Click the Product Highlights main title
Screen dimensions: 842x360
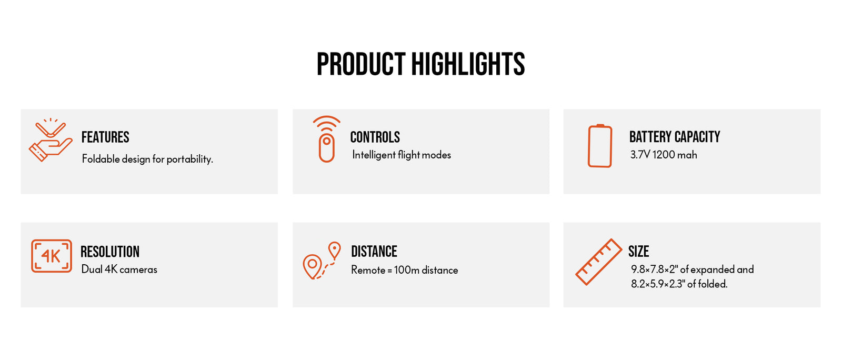(420, 64)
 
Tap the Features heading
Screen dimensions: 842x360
(105, 137)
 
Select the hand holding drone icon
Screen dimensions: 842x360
(51, 141)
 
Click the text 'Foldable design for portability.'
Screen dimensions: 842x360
(147, 159)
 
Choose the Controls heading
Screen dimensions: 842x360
(375, 137)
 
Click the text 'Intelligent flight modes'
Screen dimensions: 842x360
(402, 155)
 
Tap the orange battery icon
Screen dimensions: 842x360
(600, 146)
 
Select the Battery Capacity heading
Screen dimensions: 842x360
(675, 137)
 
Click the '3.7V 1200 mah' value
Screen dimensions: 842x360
(664, 155)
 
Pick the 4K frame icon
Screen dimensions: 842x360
(52, 256)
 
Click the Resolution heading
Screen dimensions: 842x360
(110, 252)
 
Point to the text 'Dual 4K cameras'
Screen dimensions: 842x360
(119, 269)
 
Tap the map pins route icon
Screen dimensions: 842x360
(322, 261)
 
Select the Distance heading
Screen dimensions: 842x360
(374, 252)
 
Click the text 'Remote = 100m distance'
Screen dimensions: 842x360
(405, 270)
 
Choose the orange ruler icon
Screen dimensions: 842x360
(599, 262)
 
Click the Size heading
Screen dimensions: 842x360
(639, 252)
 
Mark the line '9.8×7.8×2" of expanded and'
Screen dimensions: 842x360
(693, 269)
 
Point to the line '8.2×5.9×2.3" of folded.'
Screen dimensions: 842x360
(679, 284)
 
